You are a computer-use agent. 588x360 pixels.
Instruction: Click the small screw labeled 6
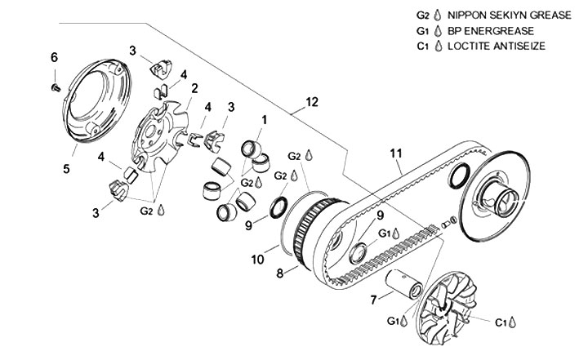pyautogui.click(x=56, y=87)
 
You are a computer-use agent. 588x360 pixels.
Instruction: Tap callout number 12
pyautogui.click(x=312, y=102)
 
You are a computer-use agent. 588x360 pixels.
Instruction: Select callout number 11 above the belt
pyautogui.click(x=395, y=153)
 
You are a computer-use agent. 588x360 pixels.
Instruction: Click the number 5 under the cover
pyautogui.click(x=66, y=169)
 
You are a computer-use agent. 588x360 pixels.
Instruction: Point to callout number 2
pyautogui.click(x=194, y=89)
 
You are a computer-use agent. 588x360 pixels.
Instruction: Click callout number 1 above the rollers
pyautogui.click(x=265, y=120)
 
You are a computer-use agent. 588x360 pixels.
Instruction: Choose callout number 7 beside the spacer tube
pyautogui.click(x=373, y=300)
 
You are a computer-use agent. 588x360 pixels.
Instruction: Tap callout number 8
pyautogui.click(x=280, y=273)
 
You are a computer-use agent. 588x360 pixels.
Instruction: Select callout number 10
pyautogui.click(x=257, y=259)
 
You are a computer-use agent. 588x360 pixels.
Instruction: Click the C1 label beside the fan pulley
pyautogui.click(x=501, y=322)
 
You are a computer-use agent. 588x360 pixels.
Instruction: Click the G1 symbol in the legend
pyautogui.click(x=423, y=31)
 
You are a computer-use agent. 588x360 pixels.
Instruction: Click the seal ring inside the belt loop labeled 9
pyautogui.click(x=359, y=253)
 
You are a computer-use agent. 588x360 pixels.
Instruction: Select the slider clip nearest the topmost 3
pyautogui.click(x=161, y=69)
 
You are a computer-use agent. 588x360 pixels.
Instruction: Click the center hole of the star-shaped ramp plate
pyautogui.click(x=151, y=132)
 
